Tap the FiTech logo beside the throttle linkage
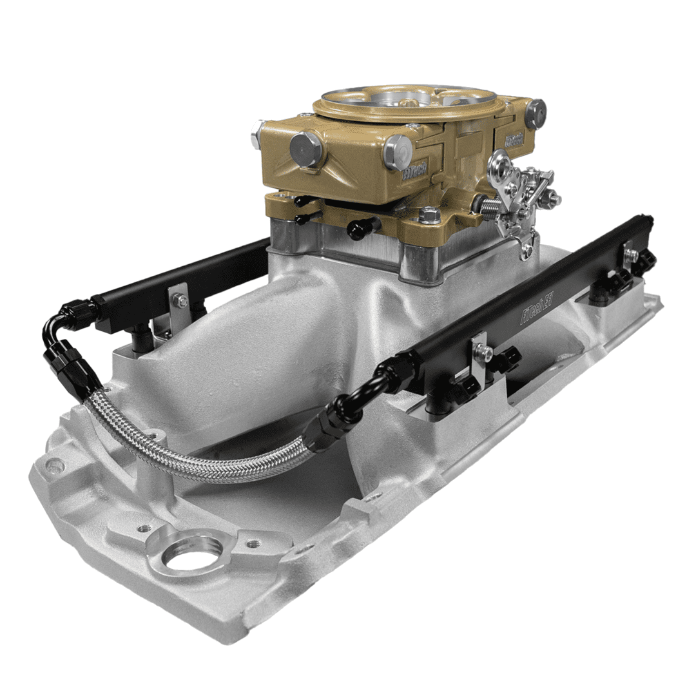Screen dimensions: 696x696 pyautogui.click(x=514, y=140)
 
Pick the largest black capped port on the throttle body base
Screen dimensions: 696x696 pyautogui.click(x=362, y=227)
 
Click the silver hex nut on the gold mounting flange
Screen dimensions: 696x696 pyautogui.click(x=429, y=216)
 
